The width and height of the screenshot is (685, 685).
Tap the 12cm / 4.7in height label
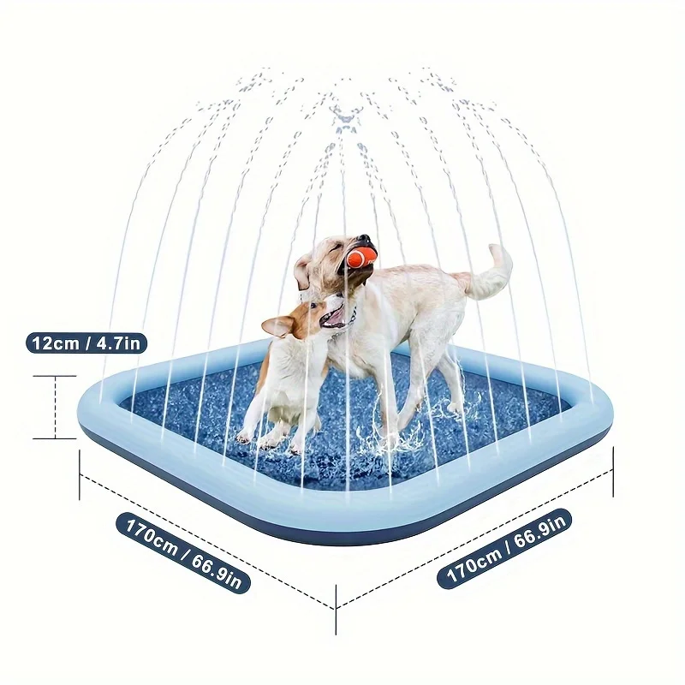[x=86, y=343]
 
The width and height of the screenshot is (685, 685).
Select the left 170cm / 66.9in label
[x=183, y=552]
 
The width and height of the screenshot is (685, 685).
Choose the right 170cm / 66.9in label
[x=504, y=549]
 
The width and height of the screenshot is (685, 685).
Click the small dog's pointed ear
[x=277, y=326]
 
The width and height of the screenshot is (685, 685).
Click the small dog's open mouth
[x=334, y=316]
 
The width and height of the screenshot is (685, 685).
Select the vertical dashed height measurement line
[x=56, y=408]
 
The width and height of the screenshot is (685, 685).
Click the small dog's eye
[x=313, y=306]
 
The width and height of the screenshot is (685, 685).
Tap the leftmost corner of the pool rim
[x=79, y=408]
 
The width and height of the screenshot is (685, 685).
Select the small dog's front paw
[x=243, y=437]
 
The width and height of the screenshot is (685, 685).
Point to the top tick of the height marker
[x=55, y=376]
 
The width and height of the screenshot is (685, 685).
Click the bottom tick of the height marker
[x=55, y=438]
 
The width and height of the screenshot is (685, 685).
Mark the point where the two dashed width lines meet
[x=336, y=609]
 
